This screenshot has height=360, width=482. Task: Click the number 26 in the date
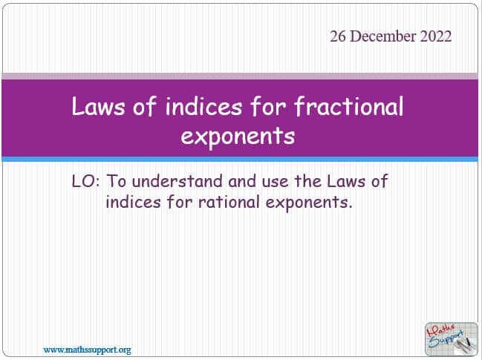click(x=338, y=36)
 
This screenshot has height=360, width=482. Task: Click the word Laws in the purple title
click(x=98, y=106)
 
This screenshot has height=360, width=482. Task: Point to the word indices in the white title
click(x=203, y=106)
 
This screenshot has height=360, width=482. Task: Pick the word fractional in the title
click(x=348, y=106)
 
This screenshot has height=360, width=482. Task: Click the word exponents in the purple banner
click(x=238, y=136)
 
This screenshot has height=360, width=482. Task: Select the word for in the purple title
click(x=268, y=106)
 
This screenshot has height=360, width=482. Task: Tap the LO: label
click(x=85, y=181)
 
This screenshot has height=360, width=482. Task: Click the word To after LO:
click(x=116, y=181)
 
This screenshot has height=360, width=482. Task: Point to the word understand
click(x=178, y=181)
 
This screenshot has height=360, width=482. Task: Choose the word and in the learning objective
click(x=242, y=181)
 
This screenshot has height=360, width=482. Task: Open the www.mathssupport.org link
click(x=88, y=350)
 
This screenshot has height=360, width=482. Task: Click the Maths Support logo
click(x=452, y=339)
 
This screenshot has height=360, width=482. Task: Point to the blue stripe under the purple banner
click(x=240, y=159)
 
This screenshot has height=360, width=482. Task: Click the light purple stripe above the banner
click(x=240, y=76)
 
